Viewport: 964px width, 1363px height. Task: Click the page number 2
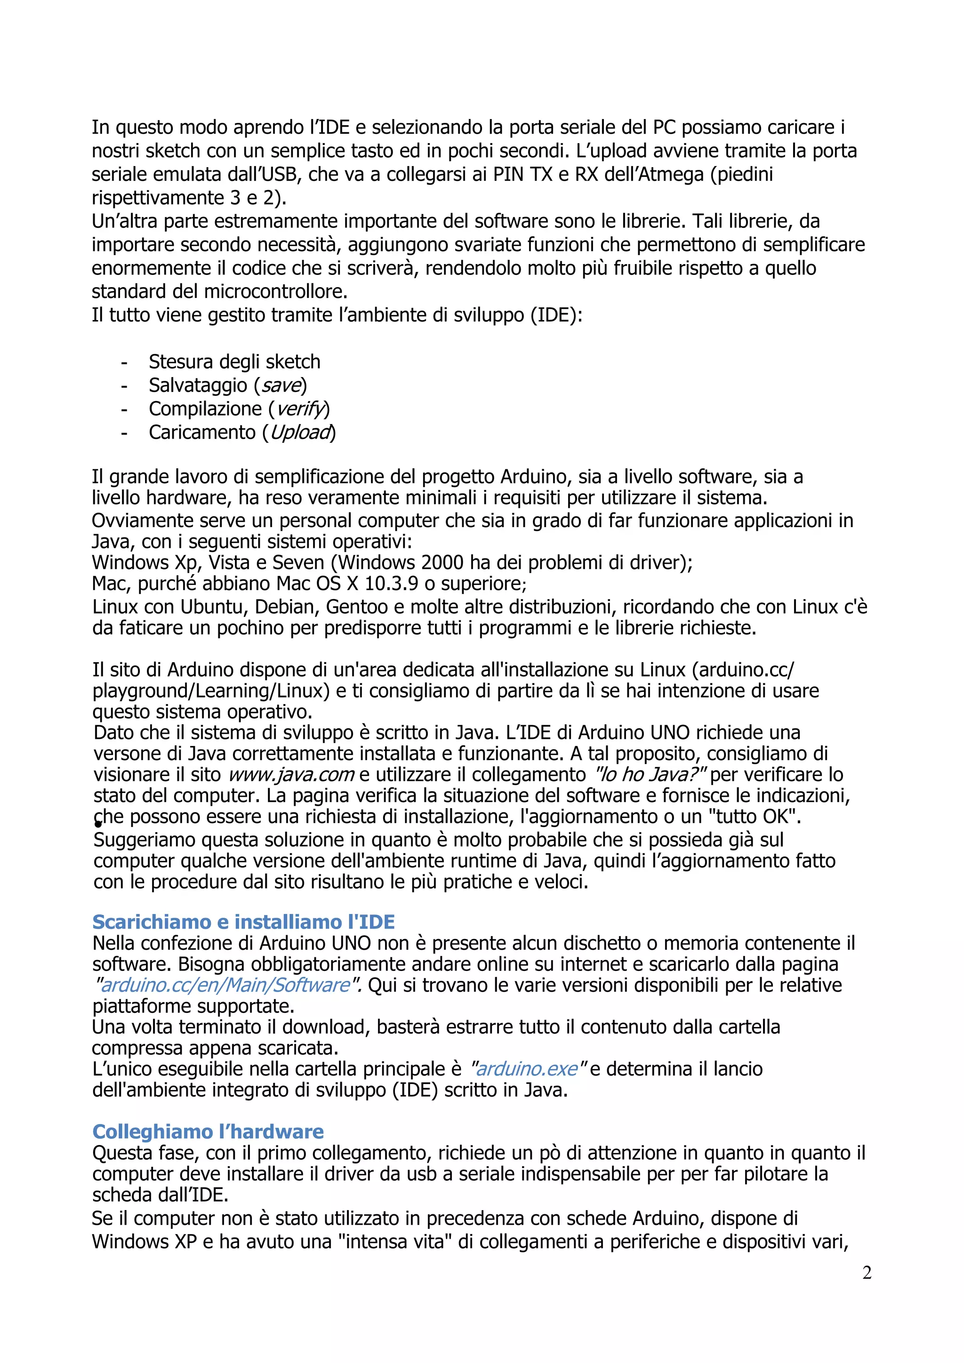[867, 1273]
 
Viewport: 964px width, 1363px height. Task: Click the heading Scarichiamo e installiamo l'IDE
[243, 922]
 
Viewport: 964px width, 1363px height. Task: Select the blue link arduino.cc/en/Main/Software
[225, 985]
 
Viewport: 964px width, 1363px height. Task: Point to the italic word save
[281, 385]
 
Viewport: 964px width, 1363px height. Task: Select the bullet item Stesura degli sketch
[234, 361]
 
